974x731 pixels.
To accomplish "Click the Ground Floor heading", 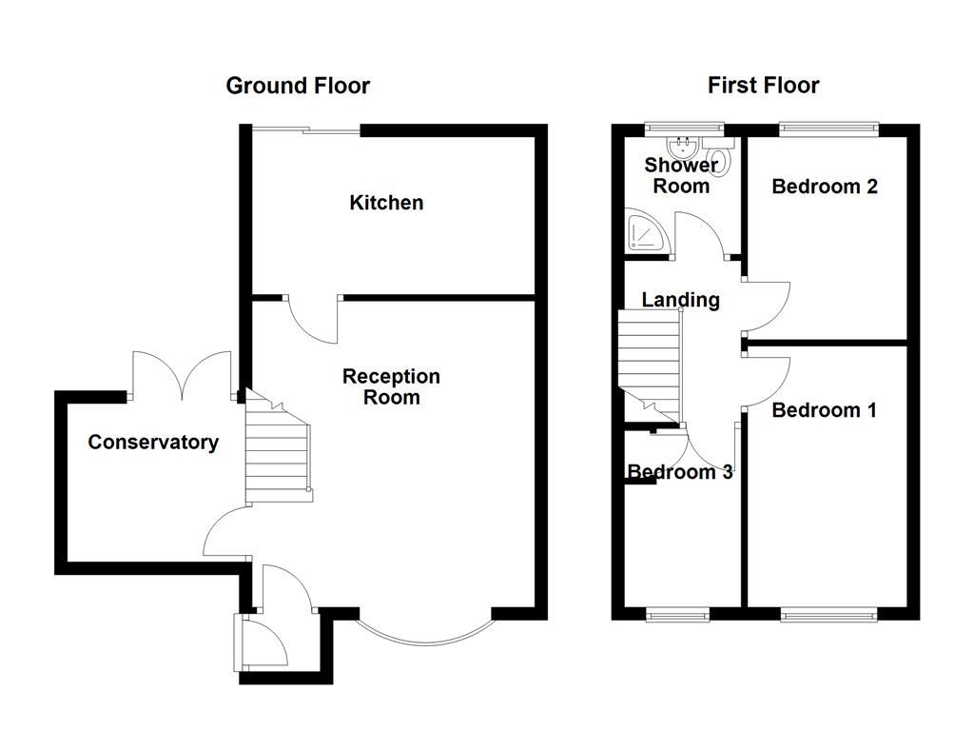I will point(298,86).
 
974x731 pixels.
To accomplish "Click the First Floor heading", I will point(763,86).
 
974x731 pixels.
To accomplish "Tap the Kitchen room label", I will point(386,203).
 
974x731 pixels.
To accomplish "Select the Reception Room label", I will point(391,386).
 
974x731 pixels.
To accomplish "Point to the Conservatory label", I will point(153,443).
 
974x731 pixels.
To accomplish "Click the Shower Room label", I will point(681,175).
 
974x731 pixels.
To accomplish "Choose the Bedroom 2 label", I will point(824,187).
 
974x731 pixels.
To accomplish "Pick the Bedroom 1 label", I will point(824,410).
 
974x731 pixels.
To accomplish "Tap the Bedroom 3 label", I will point(679,472).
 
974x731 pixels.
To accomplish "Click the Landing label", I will point(680,300).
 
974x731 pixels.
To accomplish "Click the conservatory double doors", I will point(182,375).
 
